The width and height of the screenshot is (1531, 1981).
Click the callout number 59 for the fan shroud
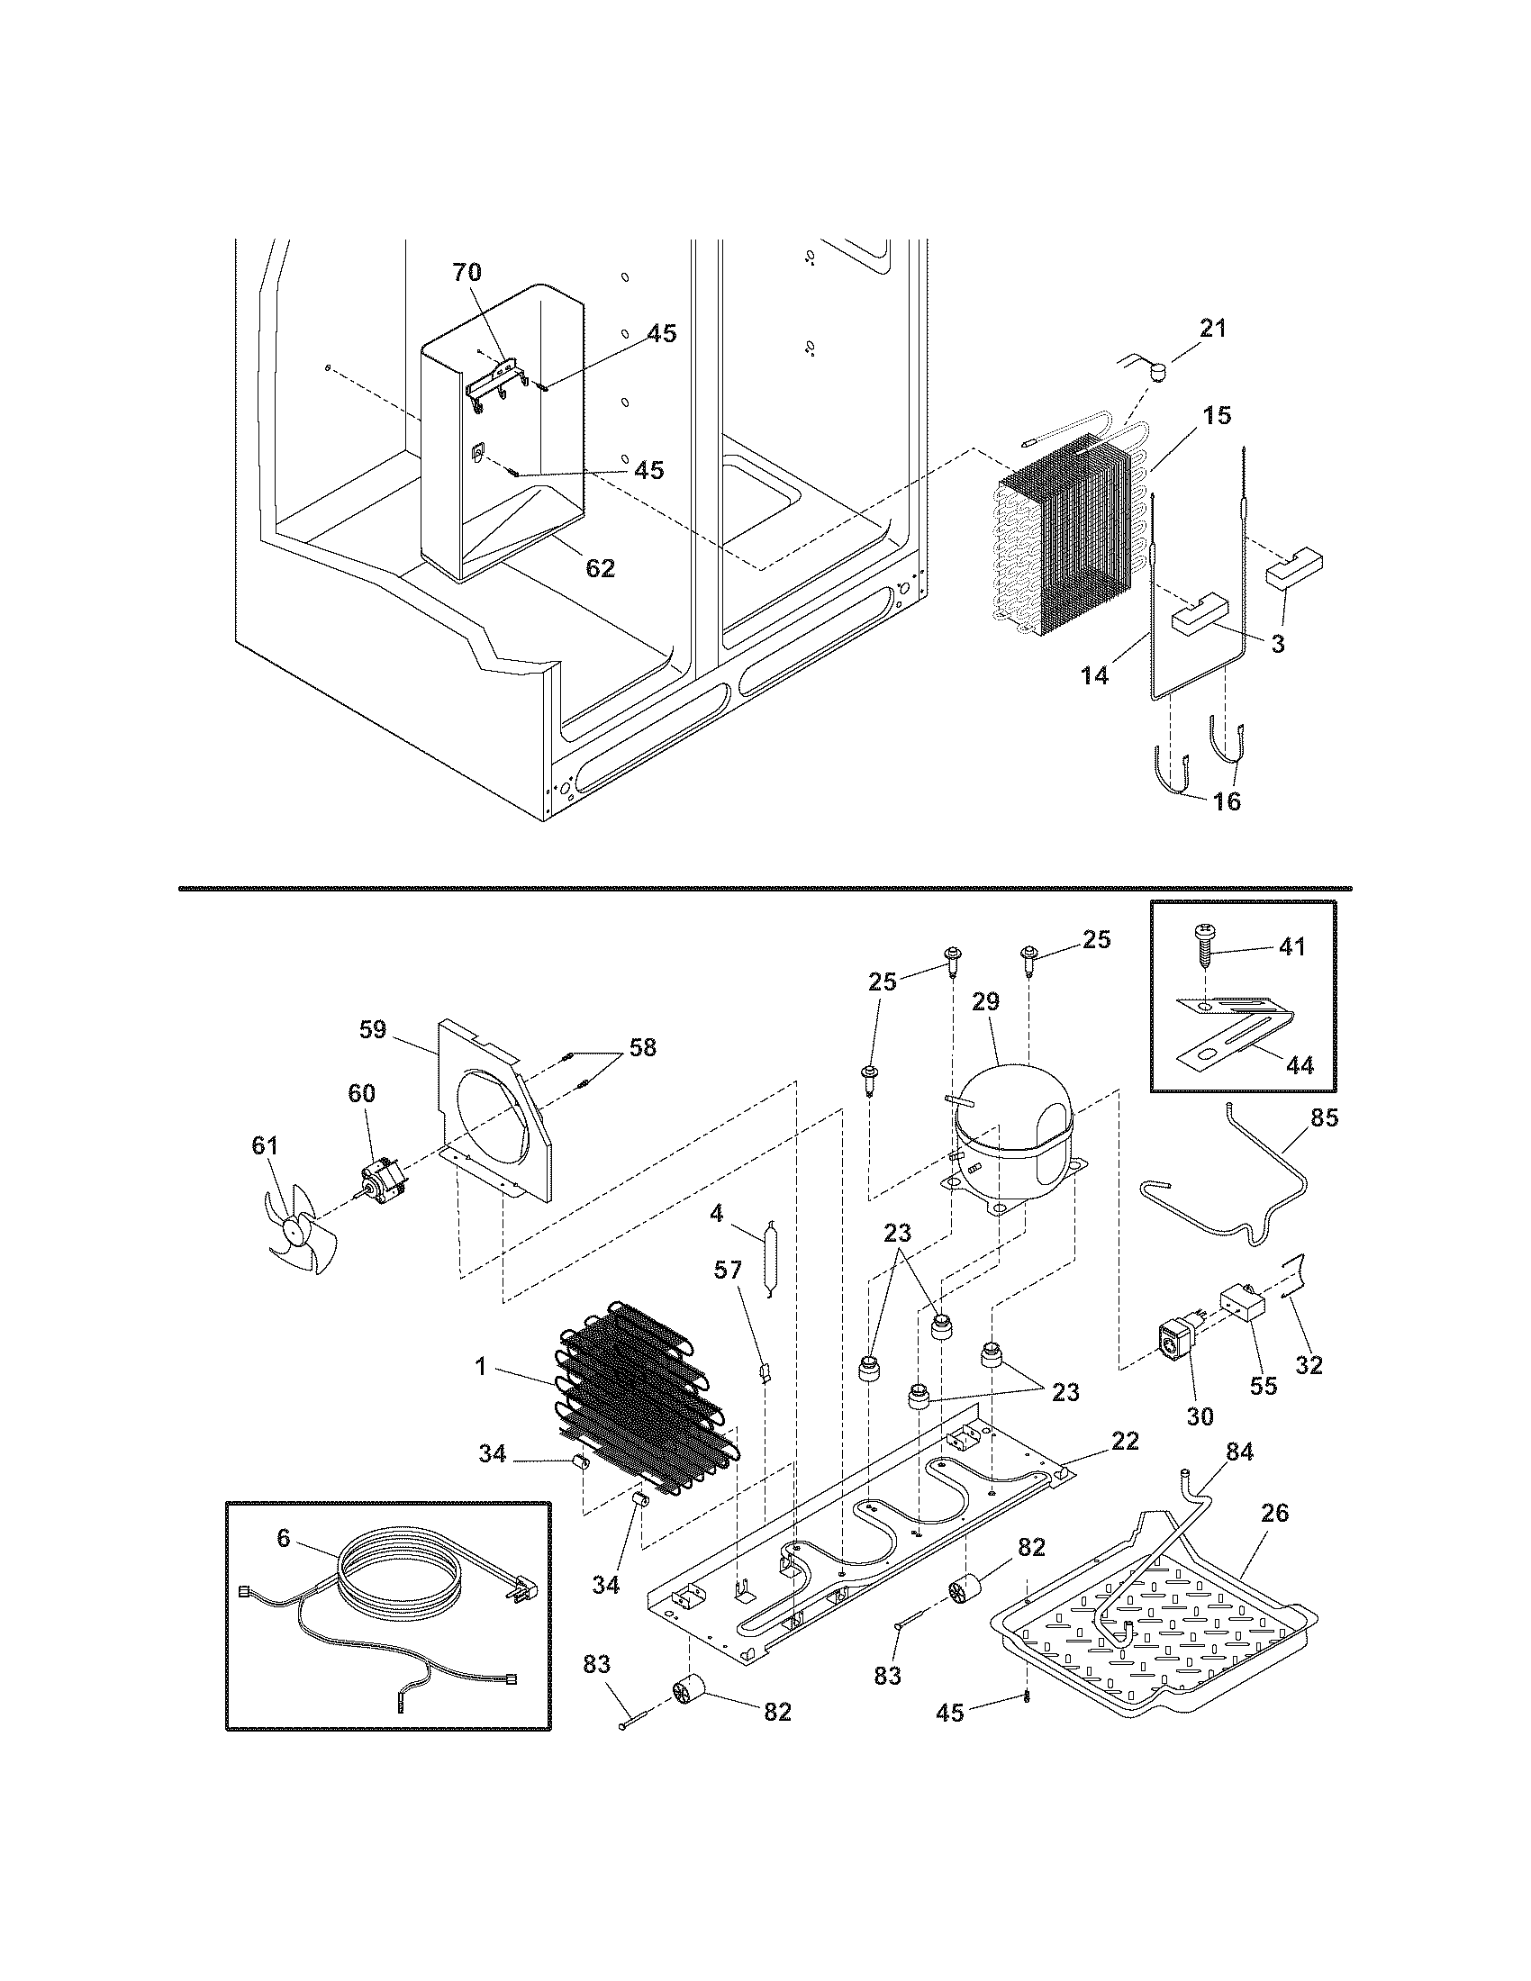pos(373,1029)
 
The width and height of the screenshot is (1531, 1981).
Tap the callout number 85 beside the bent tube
pos(1324,1117)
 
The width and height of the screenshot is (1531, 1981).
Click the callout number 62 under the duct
pos(601,568)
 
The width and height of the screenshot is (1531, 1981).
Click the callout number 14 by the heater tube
pos(1095,674)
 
